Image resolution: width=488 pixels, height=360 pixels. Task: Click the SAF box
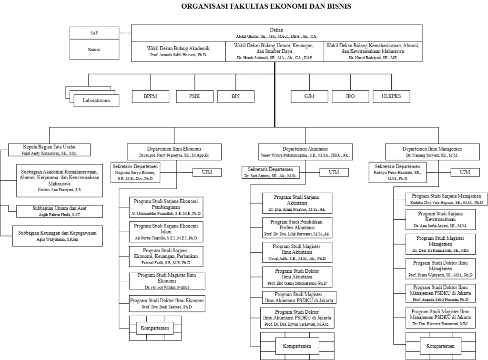click(94, 33)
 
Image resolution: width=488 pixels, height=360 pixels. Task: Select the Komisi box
click(94, 49)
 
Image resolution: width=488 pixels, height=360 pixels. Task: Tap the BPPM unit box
click(150, 96)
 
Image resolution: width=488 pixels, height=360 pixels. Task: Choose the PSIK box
click(194, 96)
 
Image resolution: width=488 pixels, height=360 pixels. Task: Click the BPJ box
click(235, 96)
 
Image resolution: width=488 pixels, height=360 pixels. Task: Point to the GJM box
click(309, 96)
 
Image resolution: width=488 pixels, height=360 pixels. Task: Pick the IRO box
click(350, 96)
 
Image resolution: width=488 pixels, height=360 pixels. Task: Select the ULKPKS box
click(391, 96)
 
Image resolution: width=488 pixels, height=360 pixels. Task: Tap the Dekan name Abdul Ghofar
click(276, 36)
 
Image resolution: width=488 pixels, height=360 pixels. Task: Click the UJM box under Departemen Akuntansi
click(334, 172)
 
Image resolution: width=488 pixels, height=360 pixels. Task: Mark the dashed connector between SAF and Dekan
click(125, 33)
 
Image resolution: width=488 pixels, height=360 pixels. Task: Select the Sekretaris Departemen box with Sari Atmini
click(270, 172)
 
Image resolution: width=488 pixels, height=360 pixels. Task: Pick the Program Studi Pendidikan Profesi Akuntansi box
click(297, 228)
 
